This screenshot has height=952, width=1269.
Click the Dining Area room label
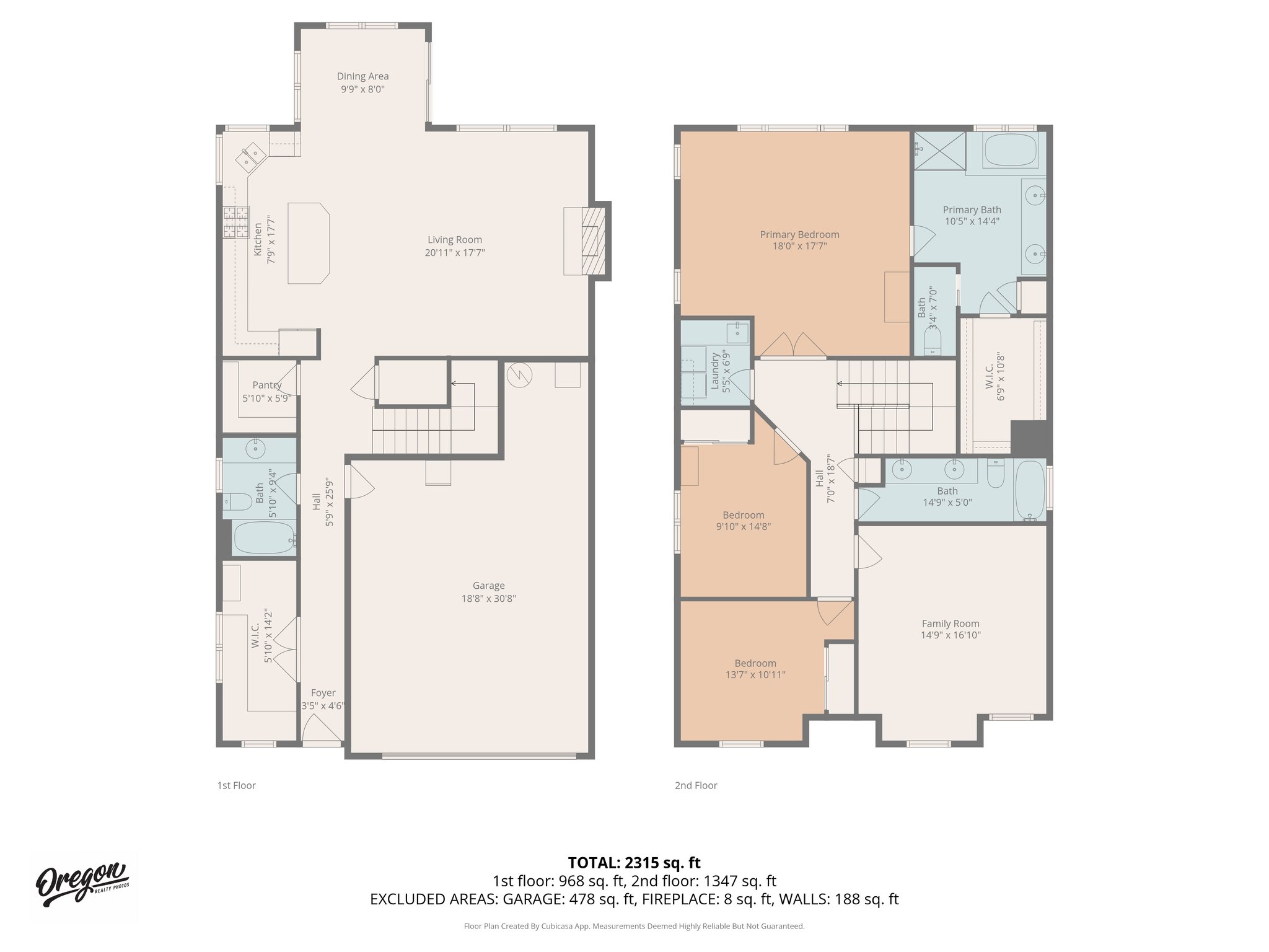pos(362,76)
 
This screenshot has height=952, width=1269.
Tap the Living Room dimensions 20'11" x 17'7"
pos(454,253)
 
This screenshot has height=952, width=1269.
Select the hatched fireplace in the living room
pos(593,241)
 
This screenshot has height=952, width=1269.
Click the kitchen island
pos(308,243)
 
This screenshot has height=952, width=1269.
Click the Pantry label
pos(266,385)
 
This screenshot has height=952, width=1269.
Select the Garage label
pos(488,585)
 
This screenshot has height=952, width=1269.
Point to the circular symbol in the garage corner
pos(519,374)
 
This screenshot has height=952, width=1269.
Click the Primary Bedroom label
pos(799,234)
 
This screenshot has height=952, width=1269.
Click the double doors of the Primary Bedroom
pos(793,345)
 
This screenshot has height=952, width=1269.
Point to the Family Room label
pos(950,624)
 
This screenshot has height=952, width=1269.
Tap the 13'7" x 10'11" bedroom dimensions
pos(755,674)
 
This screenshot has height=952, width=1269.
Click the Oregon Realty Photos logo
pos(82,884)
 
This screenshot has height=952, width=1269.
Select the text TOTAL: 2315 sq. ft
pos(634,863)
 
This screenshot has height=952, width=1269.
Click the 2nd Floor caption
pos(696,785)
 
